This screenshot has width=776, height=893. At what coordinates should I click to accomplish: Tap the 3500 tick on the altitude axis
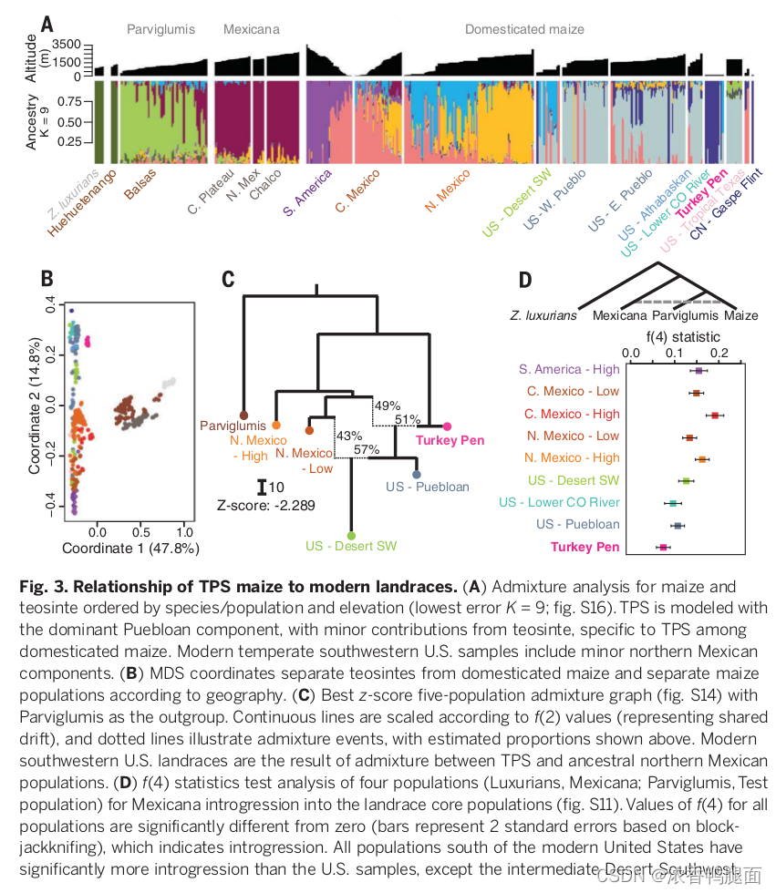tap(67, 44)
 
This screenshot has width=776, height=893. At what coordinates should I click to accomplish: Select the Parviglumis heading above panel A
tap(160, 29)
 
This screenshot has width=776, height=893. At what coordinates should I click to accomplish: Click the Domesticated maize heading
tap(524, 29)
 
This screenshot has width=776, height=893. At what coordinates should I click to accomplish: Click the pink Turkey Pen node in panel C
tap(447, 426)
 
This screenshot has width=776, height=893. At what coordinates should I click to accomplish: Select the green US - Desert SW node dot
tap(351, 535)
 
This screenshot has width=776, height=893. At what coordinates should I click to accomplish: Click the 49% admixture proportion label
tap(388, 405)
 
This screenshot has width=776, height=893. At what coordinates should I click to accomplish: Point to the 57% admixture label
tap(366, 449)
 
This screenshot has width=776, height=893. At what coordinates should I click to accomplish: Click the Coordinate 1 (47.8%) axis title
tap(131, 548)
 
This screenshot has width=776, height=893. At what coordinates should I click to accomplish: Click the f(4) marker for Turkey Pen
tap(664, 547)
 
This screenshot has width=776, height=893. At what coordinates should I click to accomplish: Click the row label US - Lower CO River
tap(559, 502)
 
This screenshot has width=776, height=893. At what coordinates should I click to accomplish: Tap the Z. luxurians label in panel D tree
tap(543, 316)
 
